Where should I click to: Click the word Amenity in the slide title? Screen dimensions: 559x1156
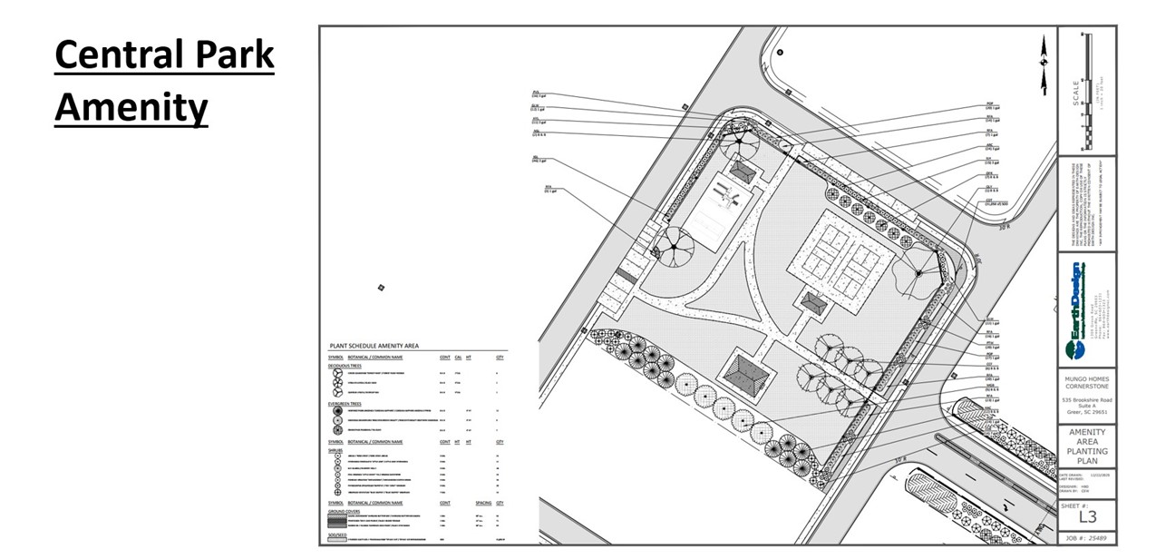(131, 108)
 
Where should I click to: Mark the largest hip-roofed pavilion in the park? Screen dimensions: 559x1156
(745, 372)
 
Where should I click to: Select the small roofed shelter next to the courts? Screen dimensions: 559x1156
(813, 303)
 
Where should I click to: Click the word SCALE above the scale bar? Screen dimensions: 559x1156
(1075, 93)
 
